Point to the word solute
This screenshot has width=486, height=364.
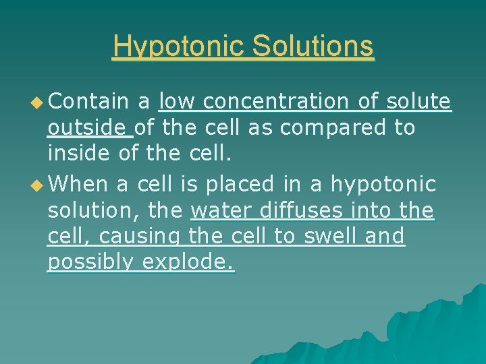tap(416, 102)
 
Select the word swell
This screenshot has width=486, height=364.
tap(327, 237)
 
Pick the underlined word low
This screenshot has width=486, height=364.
tap(177, 102)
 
